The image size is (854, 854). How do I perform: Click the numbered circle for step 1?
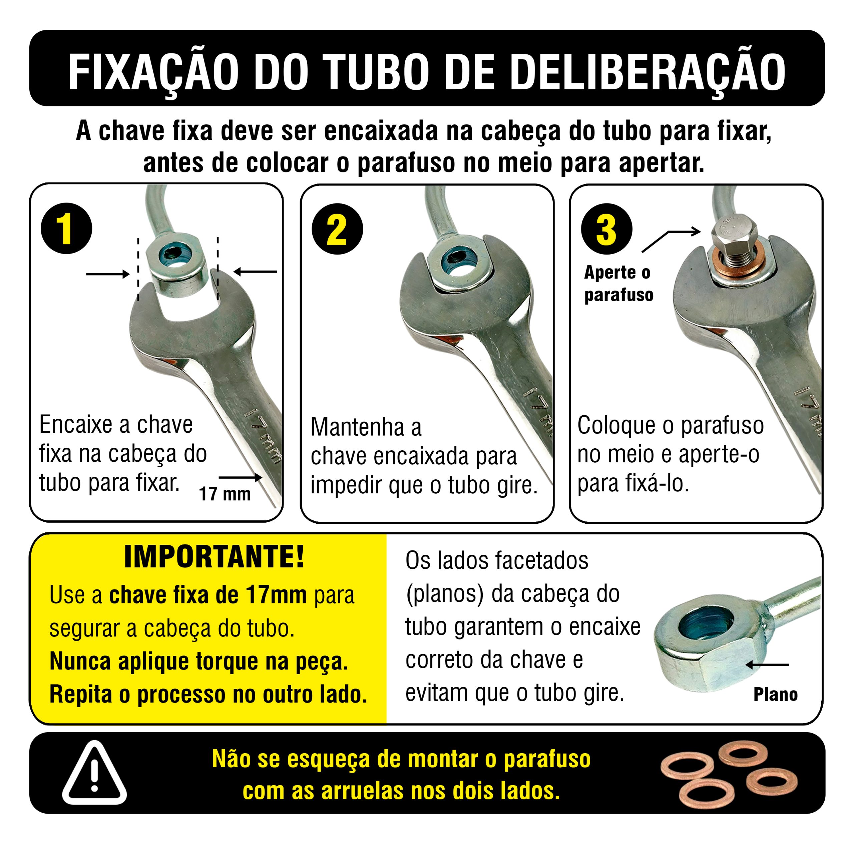(x=66, y=229)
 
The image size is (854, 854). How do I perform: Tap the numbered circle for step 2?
(x=337, y=229)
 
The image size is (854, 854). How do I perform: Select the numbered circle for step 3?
(x=607, y=229)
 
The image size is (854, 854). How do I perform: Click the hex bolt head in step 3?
(x=734, y=237)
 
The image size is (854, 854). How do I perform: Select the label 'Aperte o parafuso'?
(x=618, y=283)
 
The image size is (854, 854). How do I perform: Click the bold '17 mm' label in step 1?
(x=225, y=494)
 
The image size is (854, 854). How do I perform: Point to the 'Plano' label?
(x=775, y=695)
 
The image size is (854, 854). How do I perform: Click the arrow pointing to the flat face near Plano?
(x=767, y=665)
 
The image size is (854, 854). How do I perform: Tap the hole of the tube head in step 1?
(x=177, y=257)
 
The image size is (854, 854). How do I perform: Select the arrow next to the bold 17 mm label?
(x=241, y=477)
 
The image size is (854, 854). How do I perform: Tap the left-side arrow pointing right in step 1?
(x=108, y=274)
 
